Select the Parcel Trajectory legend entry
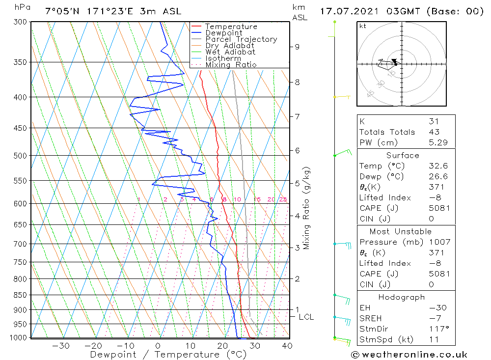pos(241,39)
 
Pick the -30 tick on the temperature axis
pos(60,346)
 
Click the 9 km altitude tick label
pos(297,47)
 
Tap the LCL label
pos(306,317)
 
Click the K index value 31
pos(433,121)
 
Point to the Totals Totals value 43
pos(433,132)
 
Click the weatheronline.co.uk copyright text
pos(409,355)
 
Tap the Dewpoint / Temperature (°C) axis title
pos(162,355)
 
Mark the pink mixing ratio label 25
pos(283,199)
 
